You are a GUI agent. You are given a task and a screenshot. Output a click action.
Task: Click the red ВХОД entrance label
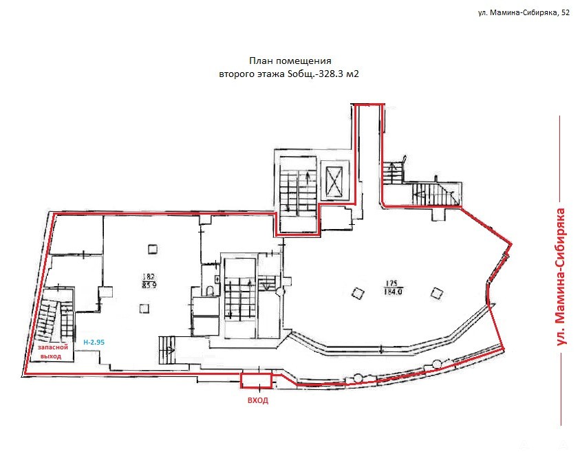point(258,400)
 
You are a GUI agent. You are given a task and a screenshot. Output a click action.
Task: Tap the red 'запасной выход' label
point(52,352)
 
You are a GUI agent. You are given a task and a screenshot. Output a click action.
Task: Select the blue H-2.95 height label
point(94,343)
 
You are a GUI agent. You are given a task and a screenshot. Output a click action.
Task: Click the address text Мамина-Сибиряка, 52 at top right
point(529,13)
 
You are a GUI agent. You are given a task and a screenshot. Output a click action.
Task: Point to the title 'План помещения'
point(290,61)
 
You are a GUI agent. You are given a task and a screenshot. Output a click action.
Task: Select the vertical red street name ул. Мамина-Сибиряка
point(561,276)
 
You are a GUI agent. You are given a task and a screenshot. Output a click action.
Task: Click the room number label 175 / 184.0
point(392,287)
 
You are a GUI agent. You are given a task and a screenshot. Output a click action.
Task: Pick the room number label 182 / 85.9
point(149,281)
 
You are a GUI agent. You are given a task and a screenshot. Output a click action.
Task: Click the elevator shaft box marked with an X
point(335,180)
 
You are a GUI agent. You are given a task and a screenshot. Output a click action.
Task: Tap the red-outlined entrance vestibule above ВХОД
point(257,380)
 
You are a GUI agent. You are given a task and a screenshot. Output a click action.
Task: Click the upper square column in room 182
point(153,249)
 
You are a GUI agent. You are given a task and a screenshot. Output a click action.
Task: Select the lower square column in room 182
point(144,308)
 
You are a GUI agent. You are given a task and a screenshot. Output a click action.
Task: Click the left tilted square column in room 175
point(358,293)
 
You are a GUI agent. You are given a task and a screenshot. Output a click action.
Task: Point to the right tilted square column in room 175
point(437,294)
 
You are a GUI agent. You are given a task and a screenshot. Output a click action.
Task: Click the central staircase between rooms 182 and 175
point(240,298)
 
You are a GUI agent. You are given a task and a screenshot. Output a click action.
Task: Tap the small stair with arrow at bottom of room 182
point(168,351)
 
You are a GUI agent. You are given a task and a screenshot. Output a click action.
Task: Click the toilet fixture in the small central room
point(210,291)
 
